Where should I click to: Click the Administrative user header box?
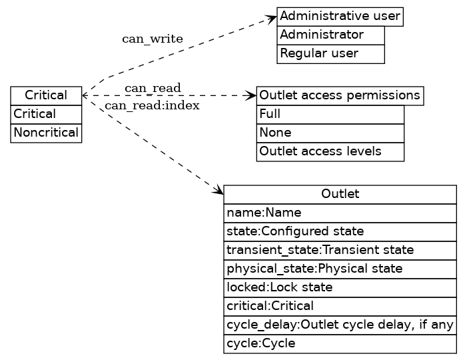pos(340,16)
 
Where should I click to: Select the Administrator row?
pos(330,35)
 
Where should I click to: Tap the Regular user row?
pos(330,53)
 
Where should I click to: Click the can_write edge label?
pos(152,39)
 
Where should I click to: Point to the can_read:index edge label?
pos(152,105)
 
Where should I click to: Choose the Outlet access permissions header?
pos(340,95)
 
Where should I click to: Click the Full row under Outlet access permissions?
pos(330,114)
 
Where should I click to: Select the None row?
pos(330,133)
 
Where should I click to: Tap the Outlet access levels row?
pos(330,151)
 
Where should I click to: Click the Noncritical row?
pos(46,133)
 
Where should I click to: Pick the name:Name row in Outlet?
pos(340,213)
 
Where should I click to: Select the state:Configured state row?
pos(340,231)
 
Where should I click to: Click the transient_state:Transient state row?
pos(340,250)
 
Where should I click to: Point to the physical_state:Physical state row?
pos(340,269)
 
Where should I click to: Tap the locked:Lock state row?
pos(340,287)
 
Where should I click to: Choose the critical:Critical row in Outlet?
pos(340,306)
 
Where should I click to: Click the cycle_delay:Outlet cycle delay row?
pos(340,325)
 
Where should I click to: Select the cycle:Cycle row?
pos(340,343)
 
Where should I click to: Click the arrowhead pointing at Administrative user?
pos(272,18)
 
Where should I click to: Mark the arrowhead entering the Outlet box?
pos(219,191)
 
